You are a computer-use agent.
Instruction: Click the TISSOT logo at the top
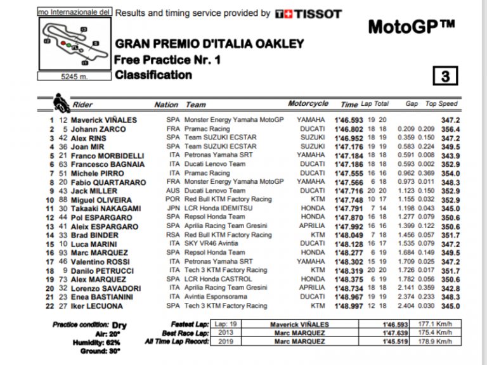(x=309, y=13)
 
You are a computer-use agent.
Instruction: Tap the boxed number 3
(x=445, y=77)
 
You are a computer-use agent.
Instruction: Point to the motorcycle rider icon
(x=62, y=102)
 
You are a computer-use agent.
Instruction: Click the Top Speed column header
(x=440, y=104)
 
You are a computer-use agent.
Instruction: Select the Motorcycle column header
(x=308, y=104)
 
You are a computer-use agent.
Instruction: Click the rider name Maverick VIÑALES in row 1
(x=105, y=120)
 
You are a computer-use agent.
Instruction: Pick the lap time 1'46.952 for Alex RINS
(x=345, y=138)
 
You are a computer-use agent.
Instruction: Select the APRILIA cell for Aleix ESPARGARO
(x=312, y=226)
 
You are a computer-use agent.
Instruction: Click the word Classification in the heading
(x=153, y=75)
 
